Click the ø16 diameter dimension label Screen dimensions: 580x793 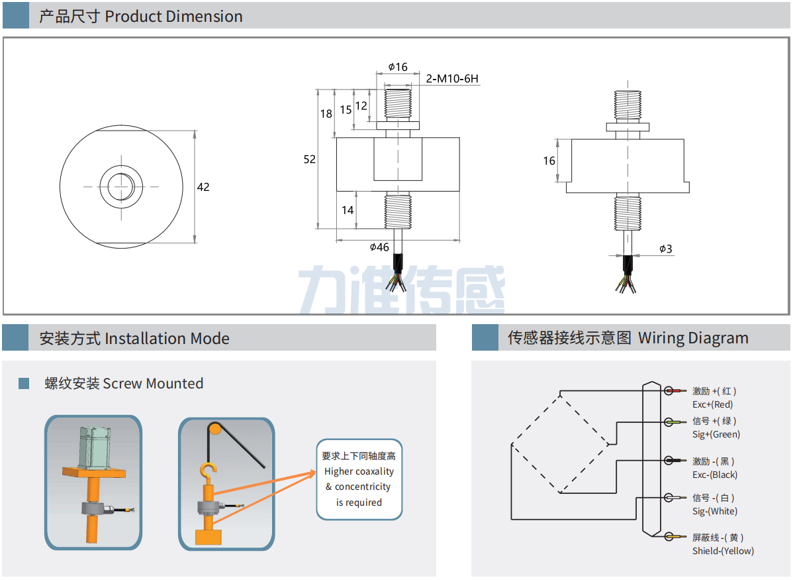398,67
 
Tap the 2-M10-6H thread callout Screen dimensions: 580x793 452,79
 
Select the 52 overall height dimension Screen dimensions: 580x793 310,159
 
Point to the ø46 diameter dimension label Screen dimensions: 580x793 379,247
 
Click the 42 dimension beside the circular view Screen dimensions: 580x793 203,187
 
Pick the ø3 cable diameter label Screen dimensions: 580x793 666,249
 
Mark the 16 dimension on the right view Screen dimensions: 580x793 549,160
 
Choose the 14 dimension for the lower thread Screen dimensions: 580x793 348,210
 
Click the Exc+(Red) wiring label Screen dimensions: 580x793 712,404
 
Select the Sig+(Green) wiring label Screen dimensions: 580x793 716,434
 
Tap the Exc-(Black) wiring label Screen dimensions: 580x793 715,475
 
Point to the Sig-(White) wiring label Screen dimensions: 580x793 715,511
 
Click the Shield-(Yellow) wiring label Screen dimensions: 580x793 723,551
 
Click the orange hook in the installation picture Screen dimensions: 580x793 209,471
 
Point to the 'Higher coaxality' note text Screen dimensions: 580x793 359,471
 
